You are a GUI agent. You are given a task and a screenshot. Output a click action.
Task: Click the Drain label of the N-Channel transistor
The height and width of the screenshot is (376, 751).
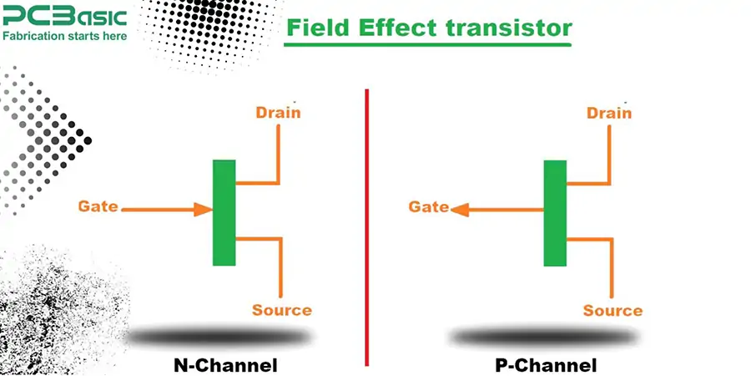(x=278, y=113)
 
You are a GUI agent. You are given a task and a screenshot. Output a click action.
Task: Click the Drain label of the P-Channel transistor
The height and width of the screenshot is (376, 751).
(x=609, y=113)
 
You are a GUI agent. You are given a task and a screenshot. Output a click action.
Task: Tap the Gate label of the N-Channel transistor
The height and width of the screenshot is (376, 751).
(x=98, y=206)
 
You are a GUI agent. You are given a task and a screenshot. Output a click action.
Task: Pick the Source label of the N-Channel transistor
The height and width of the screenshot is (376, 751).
(x=282, y=310)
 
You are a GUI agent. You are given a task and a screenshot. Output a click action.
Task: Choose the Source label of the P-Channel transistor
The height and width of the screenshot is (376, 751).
(x=612, y=311)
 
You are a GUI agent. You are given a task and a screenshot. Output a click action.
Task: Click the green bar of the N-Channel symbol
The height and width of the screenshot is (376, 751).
(x=224, y=212)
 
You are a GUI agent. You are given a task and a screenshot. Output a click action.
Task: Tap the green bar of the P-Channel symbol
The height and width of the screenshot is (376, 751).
(x=555, y=213)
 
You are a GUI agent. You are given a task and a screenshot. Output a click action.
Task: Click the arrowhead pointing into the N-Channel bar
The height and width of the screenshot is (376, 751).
(x=204, y=208)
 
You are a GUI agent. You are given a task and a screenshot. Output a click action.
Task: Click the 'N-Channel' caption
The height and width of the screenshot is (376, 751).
(x=225, y=365)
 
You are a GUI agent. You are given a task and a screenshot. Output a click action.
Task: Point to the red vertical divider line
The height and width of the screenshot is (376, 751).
(x=366, y=226)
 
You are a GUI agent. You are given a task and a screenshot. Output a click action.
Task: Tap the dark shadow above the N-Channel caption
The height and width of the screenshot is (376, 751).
(x=221, y=337)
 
